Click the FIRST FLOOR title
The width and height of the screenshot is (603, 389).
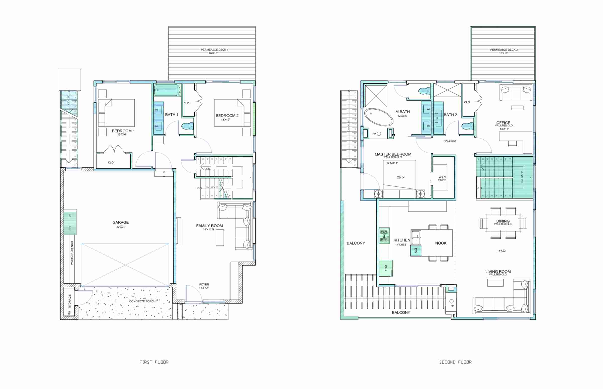pyautogui.click(x=154, y=362)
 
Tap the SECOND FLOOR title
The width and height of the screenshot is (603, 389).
pyautogui.click(x=455, y=362)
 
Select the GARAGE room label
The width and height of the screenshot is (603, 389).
pyautogui.click(x=121, y=222)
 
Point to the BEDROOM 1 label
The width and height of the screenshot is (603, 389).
pyautogui.click(x=123, y=131)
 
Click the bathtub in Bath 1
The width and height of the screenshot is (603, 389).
pyautogui.click(x=167, y=90)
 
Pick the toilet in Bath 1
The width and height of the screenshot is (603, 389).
pyautogui.click(x=187, y=126)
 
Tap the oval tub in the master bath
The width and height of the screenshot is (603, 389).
pyautogui.click(x=378, y=117)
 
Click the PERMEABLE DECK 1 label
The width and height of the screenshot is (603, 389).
pyautogui.click(x=214, y=50)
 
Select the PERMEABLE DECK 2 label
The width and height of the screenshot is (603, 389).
pyautogui.click(x=504, y=50)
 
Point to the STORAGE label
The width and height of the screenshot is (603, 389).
pyautogui.click(x=70, y=301)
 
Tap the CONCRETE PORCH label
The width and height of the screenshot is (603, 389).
pyautogui.click(x=142, y=301)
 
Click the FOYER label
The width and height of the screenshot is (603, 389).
pyautogui.click(x=204, y=284)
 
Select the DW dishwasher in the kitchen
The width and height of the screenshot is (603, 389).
pyautogui.click(x=416, y=250)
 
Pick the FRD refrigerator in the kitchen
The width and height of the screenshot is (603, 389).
pyautogui.click(x=386, y=268)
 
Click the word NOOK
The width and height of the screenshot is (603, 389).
pyautogui.click(x=441, y=243)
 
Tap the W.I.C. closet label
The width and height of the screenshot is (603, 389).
pyautogui.click(x=442, y=177)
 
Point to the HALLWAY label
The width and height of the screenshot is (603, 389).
pyautogui.click(x=450, y=141)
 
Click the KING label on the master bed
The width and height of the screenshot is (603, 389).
pyautogui.click(x=400, y=177)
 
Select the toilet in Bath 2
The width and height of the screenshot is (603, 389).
pyautogui.click(x=467, y=126)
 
